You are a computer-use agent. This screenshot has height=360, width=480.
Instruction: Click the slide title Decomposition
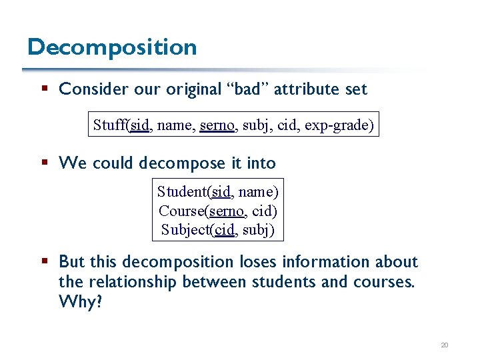[112, 47]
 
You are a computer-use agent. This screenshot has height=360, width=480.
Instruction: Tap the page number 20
[445, 345]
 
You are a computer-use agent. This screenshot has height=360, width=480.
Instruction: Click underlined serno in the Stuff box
[216, 125]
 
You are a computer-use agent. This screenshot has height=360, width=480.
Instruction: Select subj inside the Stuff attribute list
[254, 125]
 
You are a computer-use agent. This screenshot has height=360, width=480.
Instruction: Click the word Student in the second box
[182, 192]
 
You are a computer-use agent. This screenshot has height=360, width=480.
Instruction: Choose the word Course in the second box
[181, 211]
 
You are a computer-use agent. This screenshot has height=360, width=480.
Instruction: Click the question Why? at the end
[81, 302]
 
